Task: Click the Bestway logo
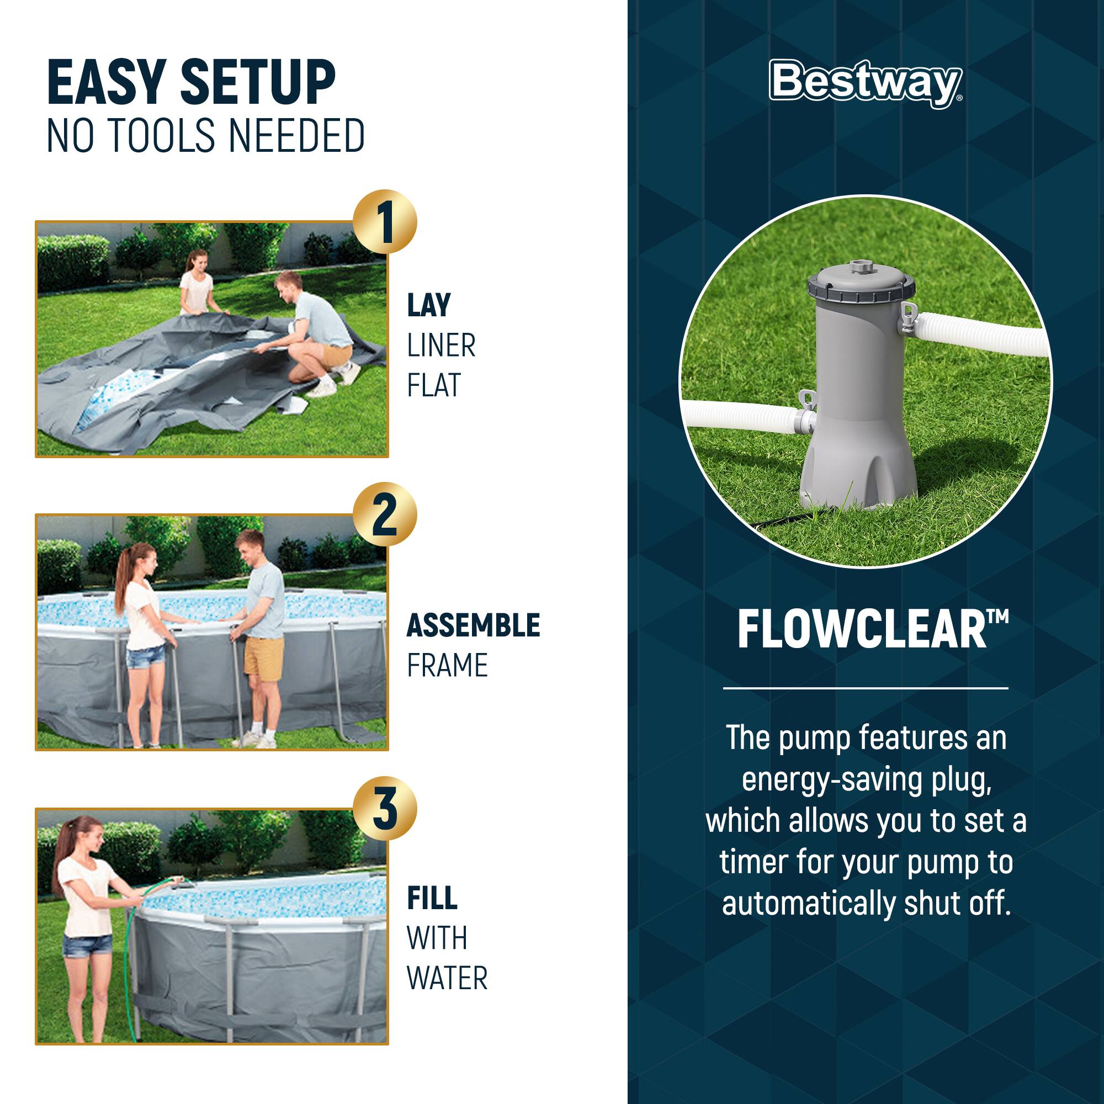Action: coord(865,83)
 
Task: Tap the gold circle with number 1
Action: coord(385,222)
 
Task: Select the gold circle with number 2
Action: coord(385,514)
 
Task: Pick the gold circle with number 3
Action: coord(385,808)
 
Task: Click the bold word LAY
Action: coord(428,305)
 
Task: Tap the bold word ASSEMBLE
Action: coord(473,625)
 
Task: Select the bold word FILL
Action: coord(432,898)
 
